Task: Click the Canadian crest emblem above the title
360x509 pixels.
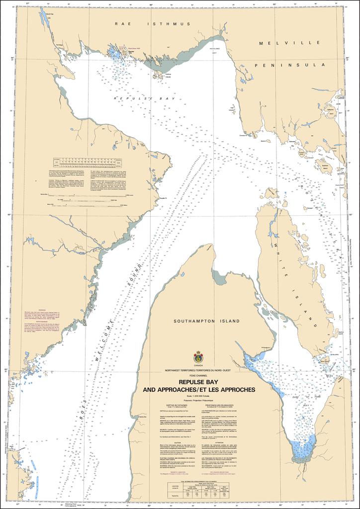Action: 198,356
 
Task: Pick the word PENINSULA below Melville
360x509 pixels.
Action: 289,65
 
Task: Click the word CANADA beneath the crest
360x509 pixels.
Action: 198,365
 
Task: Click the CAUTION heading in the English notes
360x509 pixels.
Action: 169,439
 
